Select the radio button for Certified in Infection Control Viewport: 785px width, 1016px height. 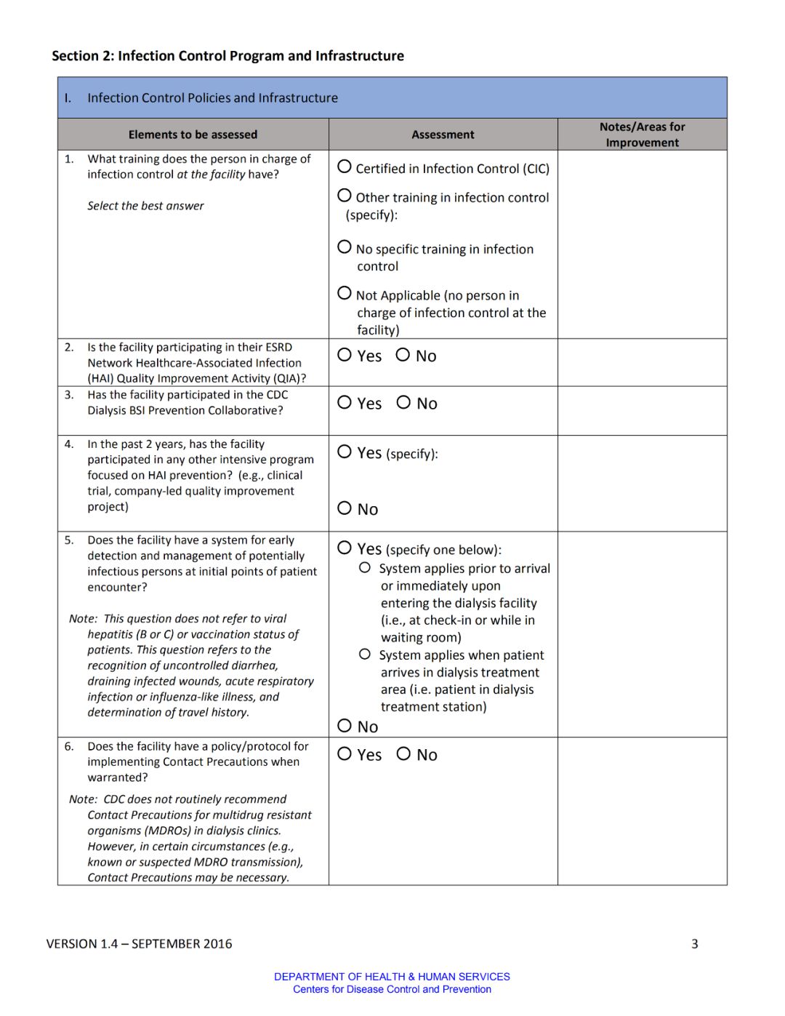(345, 167)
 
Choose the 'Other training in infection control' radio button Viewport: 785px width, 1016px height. (345, 196)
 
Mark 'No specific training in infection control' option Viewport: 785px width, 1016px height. (345, 247)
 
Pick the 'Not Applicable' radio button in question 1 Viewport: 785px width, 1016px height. (345, 293)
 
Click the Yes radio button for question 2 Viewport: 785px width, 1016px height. (345, 355)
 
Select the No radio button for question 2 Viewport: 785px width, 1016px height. (403, 355)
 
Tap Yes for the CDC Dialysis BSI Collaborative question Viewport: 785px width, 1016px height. (345, 402)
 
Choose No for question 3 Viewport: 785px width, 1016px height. (403, 402)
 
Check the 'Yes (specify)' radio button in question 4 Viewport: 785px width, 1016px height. (345, 452)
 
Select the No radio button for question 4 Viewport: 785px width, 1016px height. (345, 508)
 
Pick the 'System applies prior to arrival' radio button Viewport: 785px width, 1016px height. (365, 567)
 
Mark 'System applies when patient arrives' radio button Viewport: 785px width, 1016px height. (365, 655)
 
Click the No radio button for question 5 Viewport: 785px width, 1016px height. (345, 725)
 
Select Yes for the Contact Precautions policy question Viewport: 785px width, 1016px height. (345, 753)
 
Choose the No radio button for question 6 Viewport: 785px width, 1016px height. (403, 753)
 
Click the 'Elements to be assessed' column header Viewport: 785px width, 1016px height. (193, 135)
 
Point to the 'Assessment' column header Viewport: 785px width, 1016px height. (443, 135)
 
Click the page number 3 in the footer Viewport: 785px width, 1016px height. (694, 944)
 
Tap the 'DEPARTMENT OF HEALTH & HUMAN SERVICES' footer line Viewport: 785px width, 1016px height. (392, 977)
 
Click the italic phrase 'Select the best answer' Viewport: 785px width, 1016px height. (145, 206)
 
